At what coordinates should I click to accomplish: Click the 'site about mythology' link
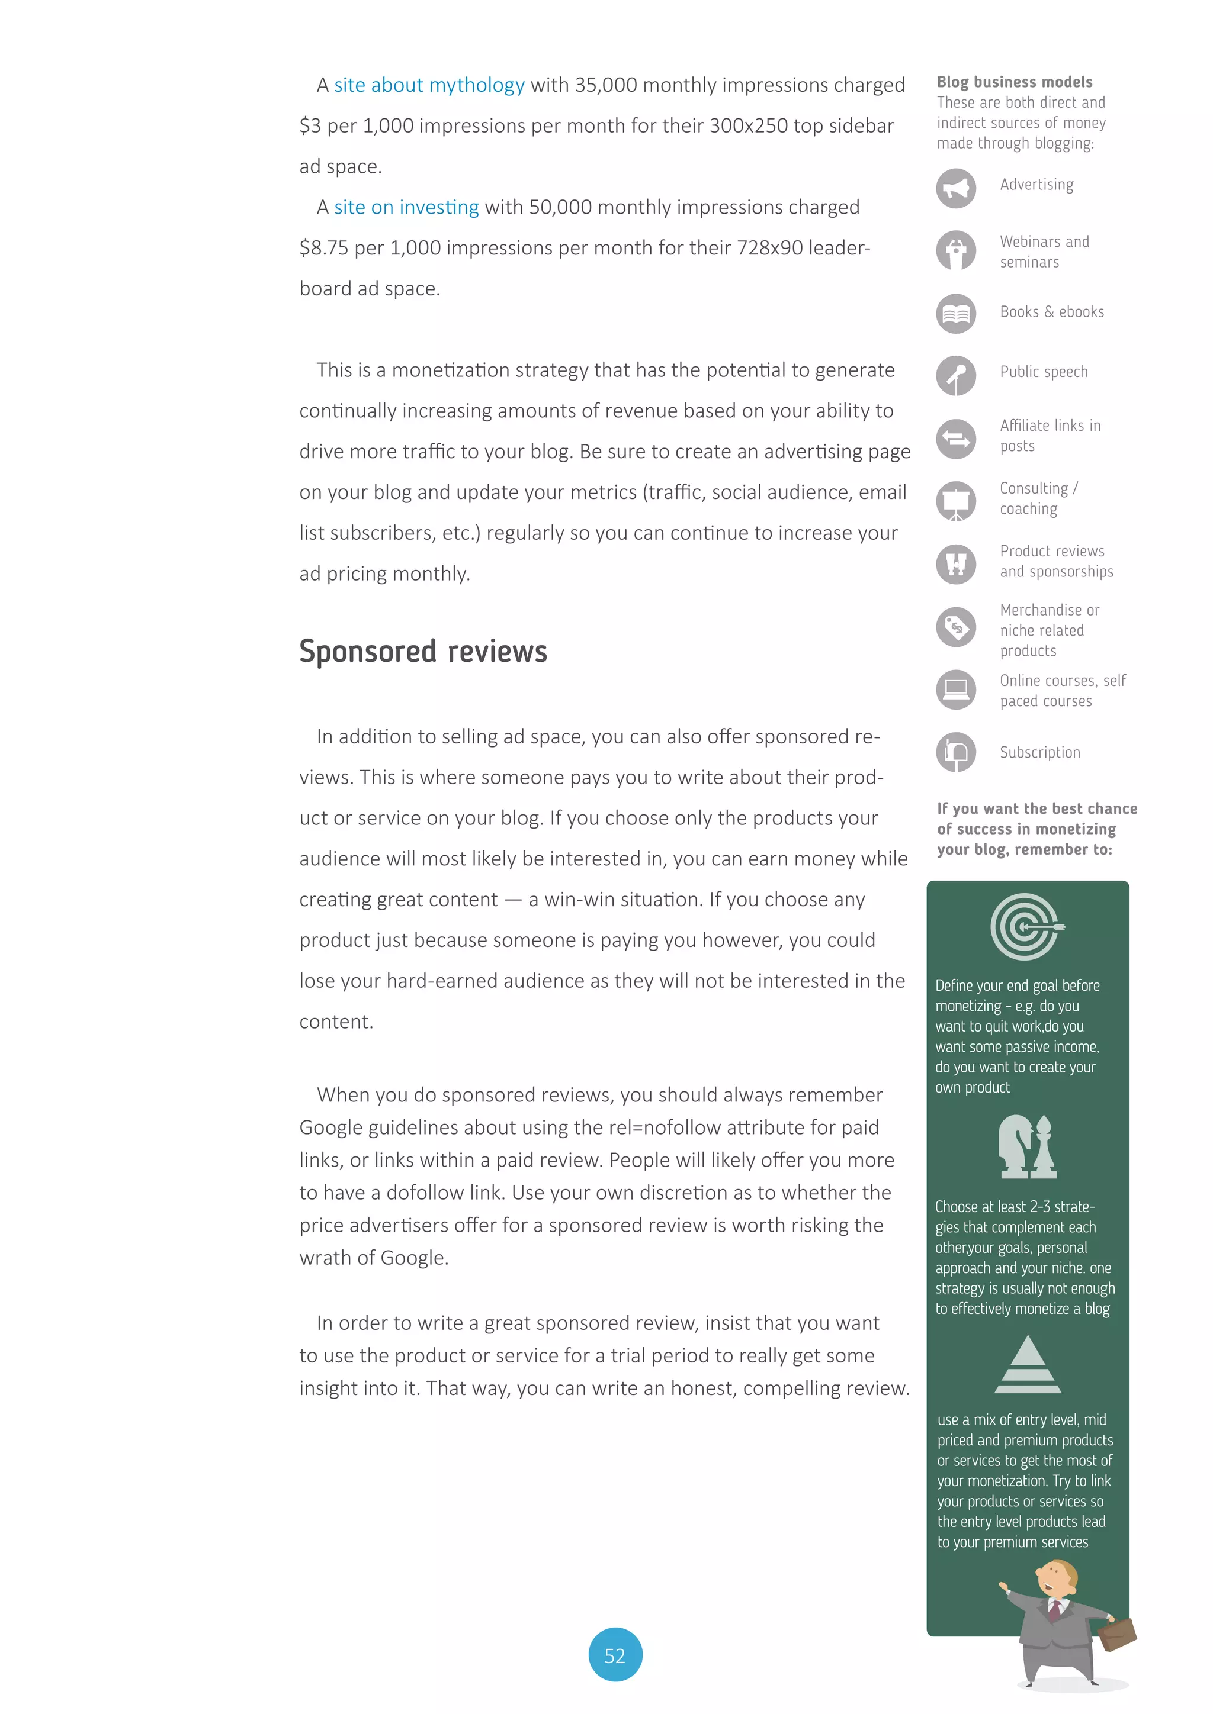click(x=429, y=85)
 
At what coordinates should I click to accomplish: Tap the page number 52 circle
click(x=615, y=1655)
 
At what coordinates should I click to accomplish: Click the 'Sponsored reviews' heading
click(x=423, y=651)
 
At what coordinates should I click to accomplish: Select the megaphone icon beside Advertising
click(x=955, y=188)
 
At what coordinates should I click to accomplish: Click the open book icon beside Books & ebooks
click(x=955, y=314)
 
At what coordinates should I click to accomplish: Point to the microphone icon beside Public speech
click(x=955, y=375)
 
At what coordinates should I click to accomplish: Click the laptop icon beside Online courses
click(x=955, y=689)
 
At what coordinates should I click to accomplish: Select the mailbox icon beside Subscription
click(x=955, y=752)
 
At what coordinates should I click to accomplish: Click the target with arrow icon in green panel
click(x=1026, y=926)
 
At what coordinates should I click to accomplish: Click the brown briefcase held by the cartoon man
click(x=1118, y=1634)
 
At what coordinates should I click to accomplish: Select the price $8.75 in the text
click(x=323, y=248)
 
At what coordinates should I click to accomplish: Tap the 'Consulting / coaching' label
click(x=1038, y=498)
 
